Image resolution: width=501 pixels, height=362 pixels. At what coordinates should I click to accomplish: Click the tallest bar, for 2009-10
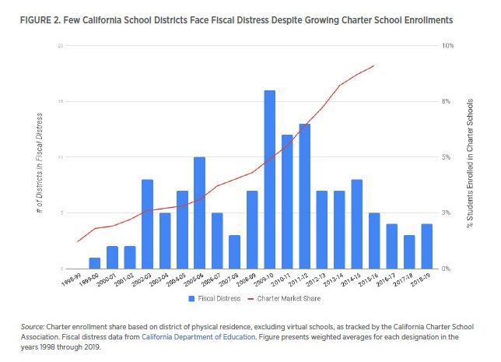(x=269, y=180)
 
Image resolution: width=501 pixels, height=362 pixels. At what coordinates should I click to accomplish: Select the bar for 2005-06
(x=199, y=213)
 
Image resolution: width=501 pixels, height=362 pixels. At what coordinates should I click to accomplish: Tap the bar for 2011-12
(x=304, y=196)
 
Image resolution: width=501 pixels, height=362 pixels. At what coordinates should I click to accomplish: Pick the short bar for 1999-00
(x=94, y=263)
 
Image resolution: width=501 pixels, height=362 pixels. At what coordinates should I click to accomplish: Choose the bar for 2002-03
(x=147, y=224)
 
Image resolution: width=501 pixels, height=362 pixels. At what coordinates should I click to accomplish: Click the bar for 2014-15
(x=357, y=224)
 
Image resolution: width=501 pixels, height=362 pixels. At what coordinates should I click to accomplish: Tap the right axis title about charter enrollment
(x=469, y=156)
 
